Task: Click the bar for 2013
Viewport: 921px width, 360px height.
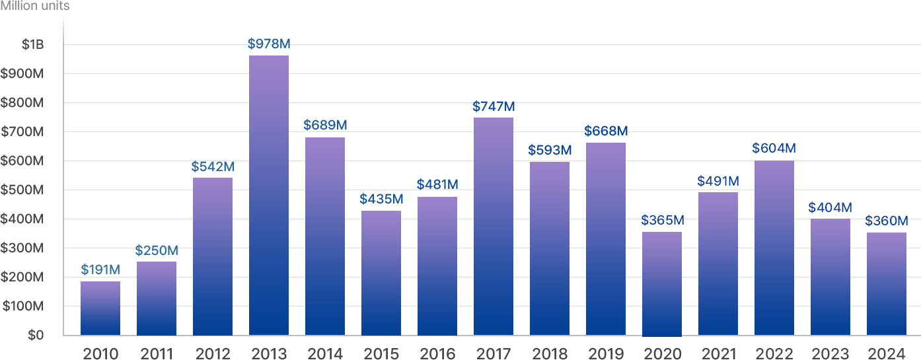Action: (269, 196)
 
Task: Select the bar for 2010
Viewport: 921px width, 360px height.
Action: (100, 308)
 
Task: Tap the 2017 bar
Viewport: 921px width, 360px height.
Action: (494, 227)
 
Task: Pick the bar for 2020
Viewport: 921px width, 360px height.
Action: (662, 283)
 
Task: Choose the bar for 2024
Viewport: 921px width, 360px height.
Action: (887, 284)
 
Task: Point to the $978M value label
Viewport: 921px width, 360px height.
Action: (269, 44)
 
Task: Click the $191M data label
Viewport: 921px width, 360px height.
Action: (100, 270)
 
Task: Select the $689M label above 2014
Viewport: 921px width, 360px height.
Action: (325, 125)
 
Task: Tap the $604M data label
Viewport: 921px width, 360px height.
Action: (774, 148)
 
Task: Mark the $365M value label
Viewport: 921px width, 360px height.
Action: (662, 220)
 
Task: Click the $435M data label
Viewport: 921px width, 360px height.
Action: (381, 199)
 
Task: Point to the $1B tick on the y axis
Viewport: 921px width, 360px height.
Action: (32, 45)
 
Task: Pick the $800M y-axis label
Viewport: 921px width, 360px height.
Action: (22, 103)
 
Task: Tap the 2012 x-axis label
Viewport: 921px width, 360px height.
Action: (213, 353)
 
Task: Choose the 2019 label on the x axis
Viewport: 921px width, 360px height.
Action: (606, 353)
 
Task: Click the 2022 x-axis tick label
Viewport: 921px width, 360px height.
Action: (774, 353)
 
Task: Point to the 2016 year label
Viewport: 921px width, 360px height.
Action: (437, 353)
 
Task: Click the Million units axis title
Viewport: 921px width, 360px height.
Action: (34, 6)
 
